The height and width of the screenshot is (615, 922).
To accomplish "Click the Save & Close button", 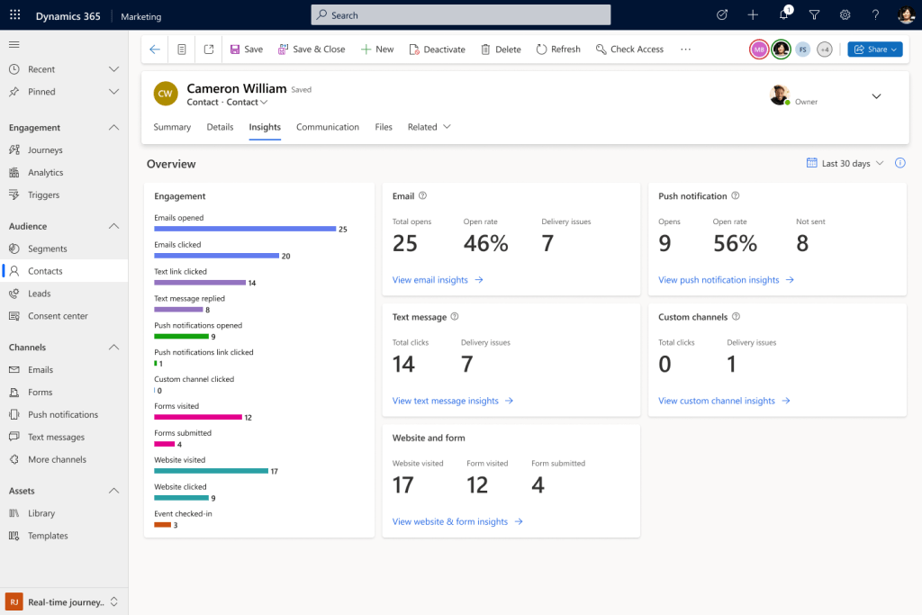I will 312,50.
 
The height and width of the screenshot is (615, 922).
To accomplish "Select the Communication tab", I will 328,127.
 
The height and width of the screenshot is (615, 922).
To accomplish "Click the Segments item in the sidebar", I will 47,249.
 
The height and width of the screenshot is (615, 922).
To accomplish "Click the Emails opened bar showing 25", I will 244,229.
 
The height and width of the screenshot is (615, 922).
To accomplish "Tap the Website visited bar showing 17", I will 211,471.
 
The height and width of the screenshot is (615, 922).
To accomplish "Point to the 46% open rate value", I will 485,243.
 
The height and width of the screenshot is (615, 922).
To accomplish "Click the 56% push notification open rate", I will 735,243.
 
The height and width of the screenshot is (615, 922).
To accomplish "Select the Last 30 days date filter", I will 845,164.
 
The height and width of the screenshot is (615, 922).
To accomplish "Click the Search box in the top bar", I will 460,15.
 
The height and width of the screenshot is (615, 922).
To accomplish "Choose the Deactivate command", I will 437,50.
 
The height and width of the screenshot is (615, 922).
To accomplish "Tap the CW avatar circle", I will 165,94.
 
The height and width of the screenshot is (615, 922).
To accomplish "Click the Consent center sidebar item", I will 58,316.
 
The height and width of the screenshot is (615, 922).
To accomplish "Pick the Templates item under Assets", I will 48,536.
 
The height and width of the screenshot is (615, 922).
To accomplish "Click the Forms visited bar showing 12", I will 198,417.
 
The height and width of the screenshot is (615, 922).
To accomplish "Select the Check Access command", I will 629,50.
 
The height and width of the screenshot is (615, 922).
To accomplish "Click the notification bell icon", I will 783,15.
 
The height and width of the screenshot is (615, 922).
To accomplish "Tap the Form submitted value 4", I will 538,485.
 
